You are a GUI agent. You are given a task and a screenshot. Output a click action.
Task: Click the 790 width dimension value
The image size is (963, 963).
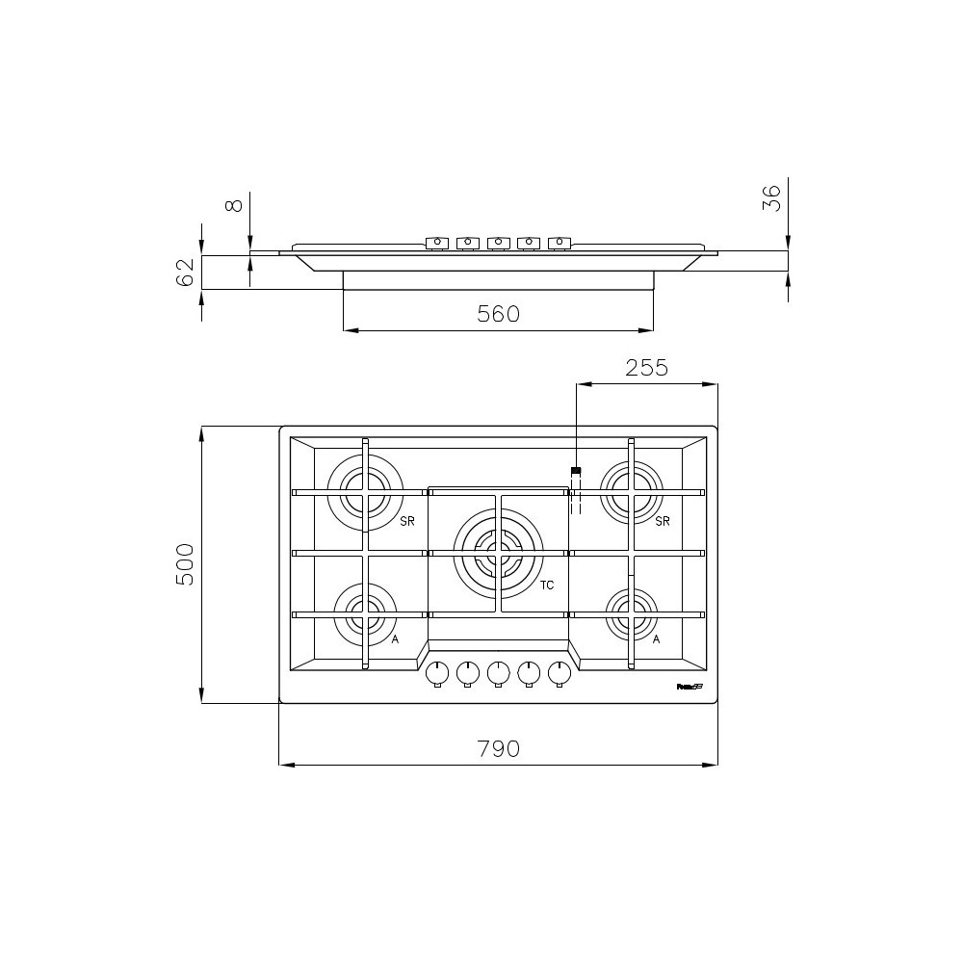point(499,748)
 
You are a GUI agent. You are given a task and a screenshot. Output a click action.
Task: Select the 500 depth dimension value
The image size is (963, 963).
point(186,564)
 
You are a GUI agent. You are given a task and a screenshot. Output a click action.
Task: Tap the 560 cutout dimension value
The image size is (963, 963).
point(499,314)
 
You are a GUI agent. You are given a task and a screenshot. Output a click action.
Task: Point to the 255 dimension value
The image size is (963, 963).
point(646,368)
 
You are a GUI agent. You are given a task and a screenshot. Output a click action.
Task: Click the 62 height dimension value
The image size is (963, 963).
point(186,272)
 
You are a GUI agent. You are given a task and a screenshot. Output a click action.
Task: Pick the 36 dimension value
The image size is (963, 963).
point(771,198)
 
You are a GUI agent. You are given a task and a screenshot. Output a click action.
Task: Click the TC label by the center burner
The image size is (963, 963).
point(547,586)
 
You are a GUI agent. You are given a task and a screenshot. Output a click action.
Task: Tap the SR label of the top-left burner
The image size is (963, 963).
point(407,521)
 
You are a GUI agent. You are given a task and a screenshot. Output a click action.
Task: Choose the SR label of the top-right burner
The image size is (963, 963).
point(662,521)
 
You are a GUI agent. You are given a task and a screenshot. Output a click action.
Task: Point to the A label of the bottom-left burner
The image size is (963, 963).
point(395,638)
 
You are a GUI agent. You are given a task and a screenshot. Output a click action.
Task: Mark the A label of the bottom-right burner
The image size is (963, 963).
point(656,638)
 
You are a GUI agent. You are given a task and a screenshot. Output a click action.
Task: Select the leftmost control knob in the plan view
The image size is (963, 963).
point(437,671)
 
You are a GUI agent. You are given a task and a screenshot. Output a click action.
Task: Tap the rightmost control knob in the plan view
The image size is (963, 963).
point(559,671)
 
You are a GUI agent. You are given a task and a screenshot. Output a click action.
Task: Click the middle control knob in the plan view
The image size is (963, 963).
point(498,671)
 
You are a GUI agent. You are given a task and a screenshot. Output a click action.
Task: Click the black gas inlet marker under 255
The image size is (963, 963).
point(576,471)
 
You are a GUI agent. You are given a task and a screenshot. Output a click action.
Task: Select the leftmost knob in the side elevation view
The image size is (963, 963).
point(437,243)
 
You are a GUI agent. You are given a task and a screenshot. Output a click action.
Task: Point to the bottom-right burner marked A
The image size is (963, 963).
point(631,608)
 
